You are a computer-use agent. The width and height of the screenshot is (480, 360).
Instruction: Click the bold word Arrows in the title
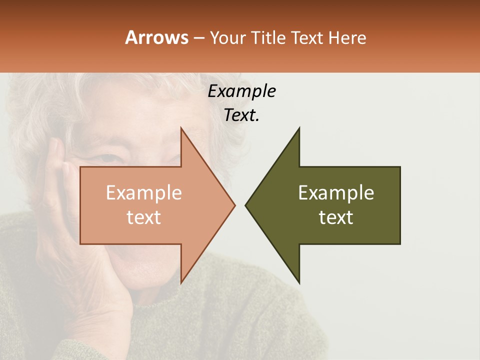click(x=156, y=37)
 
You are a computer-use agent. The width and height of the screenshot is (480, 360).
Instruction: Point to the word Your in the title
click(x=227, y=37)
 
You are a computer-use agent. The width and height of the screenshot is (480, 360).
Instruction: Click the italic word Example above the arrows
click(x=241, y=91)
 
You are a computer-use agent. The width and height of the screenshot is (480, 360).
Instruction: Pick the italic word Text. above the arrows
click(x=241, y=115)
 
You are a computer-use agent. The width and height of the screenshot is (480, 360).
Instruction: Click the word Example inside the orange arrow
click(x=144, y=193)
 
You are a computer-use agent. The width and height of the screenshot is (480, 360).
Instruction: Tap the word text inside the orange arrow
click(x=144, y=217)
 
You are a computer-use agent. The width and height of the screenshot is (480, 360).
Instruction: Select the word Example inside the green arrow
click(x=336, y=193)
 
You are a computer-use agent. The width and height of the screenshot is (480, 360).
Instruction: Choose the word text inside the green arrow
click(x=336, y=217)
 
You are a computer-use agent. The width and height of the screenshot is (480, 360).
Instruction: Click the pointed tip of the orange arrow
click(x=234, y=205)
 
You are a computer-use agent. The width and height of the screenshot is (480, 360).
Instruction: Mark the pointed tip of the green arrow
click(x=246, y=205)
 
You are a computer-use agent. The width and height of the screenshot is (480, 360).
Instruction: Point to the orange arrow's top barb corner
click(x=181, y=128)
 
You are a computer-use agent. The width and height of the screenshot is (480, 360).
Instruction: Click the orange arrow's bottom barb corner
click(x=181, y=283)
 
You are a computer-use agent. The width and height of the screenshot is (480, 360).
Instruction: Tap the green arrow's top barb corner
click(x=299, y=128)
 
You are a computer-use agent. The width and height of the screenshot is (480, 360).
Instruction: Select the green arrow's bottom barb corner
click(x=299, y=283)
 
